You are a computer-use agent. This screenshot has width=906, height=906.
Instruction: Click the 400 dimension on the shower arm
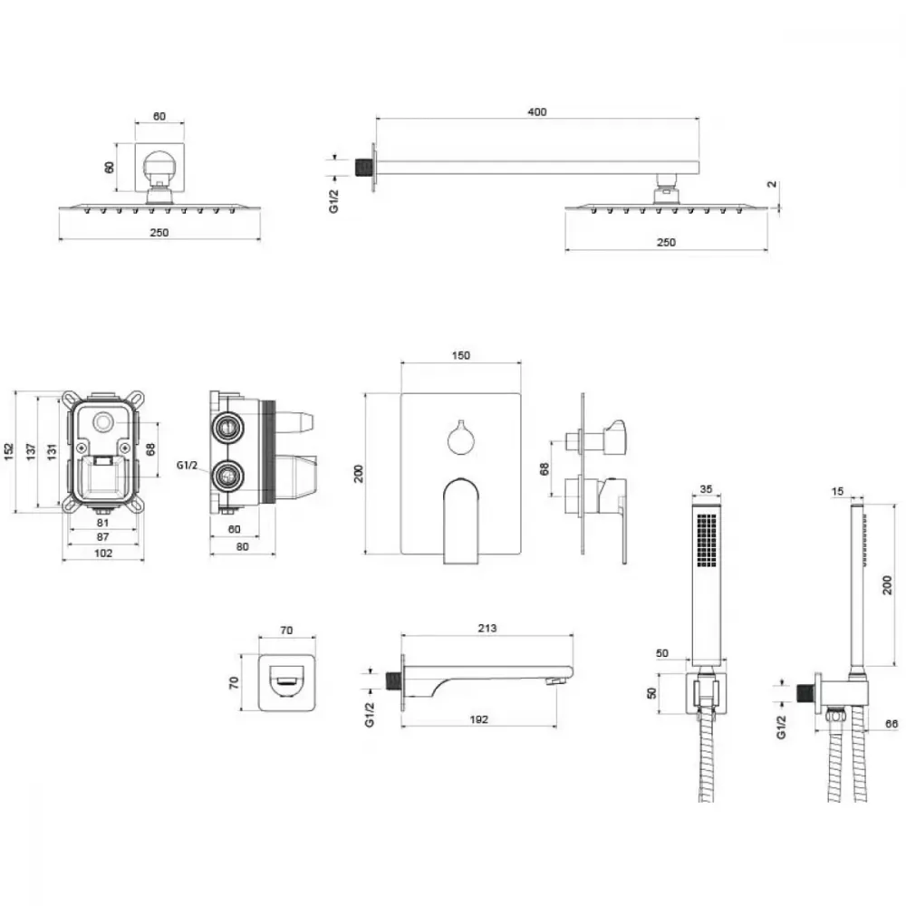[536, 111]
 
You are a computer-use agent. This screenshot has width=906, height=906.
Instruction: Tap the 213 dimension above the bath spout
[487, 628]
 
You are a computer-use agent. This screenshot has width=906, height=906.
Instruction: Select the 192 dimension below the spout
[479, 719]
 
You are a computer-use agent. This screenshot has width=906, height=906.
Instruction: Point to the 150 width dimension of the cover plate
[460, 355]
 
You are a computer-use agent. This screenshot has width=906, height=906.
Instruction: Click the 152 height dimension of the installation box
[9, 451]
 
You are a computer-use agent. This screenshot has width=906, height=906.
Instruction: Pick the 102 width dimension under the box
[103, 553]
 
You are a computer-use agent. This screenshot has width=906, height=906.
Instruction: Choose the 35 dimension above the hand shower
[706, 489]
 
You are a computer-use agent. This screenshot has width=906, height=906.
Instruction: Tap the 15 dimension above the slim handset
[838, 491]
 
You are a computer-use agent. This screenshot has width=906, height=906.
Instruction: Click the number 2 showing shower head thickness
[772, 184]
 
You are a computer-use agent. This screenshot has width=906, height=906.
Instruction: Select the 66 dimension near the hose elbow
[892, 723]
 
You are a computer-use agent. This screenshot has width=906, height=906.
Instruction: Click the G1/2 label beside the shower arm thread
[334, 200]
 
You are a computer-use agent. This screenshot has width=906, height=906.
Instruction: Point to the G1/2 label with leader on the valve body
[187, 465]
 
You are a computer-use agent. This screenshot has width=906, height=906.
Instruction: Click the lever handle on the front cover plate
[462, 520]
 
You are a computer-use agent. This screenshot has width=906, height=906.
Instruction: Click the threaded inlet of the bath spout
[392, 681]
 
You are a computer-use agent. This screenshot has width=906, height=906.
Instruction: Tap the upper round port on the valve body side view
[227, 429]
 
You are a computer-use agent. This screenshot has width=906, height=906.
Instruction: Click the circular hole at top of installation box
[103, 422]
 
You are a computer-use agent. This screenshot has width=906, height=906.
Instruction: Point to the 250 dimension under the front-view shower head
[159, 232]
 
